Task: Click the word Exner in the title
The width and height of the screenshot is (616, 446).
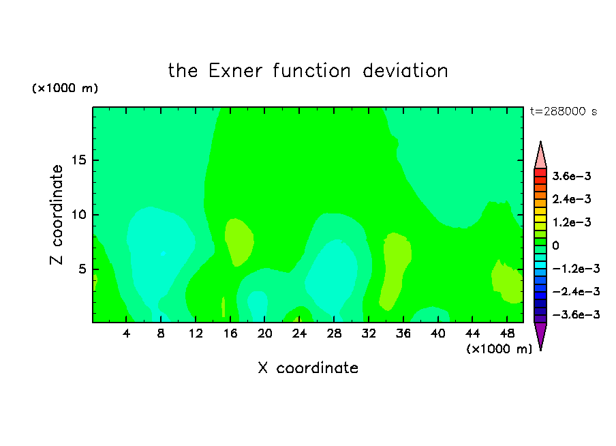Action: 235,71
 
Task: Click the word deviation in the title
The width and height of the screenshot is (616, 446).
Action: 405,71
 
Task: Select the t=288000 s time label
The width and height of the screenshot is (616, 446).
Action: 564,111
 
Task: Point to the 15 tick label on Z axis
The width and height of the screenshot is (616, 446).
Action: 78,160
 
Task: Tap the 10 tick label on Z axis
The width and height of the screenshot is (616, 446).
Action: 78,215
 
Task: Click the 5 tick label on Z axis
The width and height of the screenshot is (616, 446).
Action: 82,269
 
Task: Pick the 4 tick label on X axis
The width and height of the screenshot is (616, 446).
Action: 126,333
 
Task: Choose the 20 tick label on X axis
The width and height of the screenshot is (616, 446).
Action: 264,333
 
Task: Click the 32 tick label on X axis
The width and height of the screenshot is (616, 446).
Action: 369,333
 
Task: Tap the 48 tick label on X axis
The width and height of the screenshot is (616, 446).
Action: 507,333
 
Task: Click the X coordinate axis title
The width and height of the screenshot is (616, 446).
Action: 308,368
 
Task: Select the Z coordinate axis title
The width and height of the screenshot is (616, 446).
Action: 57,215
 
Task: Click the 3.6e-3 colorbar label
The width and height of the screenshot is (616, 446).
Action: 572,176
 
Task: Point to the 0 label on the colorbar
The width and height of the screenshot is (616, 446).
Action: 555,246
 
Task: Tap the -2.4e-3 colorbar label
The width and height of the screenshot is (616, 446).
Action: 576,292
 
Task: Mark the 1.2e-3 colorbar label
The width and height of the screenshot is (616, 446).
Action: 572,222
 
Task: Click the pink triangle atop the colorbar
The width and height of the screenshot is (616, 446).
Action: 540,155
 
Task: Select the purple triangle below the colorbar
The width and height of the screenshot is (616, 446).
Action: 540,335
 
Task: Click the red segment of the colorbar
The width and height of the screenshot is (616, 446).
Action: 540,173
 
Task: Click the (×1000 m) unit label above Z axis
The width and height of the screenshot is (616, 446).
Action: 65,88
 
